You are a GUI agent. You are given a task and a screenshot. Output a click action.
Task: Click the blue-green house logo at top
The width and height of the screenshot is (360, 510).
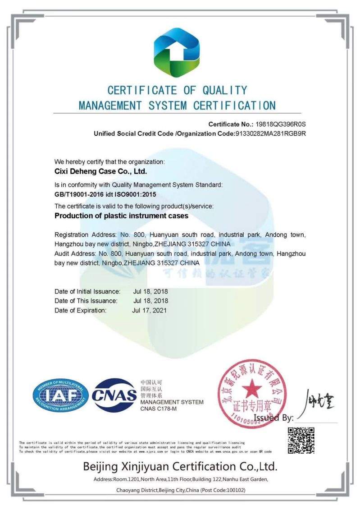pos(177,52)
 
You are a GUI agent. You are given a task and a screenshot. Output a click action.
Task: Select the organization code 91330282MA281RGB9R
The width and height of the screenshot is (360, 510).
pos(271,133)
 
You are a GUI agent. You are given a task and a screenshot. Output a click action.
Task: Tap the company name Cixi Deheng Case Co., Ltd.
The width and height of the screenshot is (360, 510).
pos(101,171)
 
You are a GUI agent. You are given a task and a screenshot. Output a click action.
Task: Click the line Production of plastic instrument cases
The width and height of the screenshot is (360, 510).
pos(121,216)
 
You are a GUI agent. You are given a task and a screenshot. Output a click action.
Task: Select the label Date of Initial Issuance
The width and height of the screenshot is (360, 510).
pos(87,291)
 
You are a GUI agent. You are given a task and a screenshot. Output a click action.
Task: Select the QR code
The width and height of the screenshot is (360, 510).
pos(301,440)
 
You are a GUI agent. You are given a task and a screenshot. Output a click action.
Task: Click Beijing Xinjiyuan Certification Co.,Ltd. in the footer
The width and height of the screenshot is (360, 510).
pos(180,466)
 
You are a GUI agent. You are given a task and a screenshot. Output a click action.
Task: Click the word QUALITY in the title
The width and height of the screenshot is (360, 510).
pos(224,90)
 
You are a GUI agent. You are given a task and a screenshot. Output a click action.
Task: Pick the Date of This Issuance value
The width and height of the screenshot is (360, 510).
pos(150,301)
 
